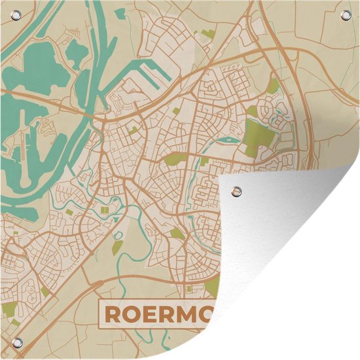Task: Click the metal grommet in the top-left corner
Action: tap(17, 15)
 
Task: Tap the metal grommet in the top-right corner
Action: tap(345, 15)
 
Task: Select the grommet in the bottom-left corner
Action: tap(17, 345)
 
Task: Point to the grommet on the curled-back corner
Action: tap(236, 192)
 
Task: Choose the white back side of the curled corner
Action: tap(288, 262)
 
